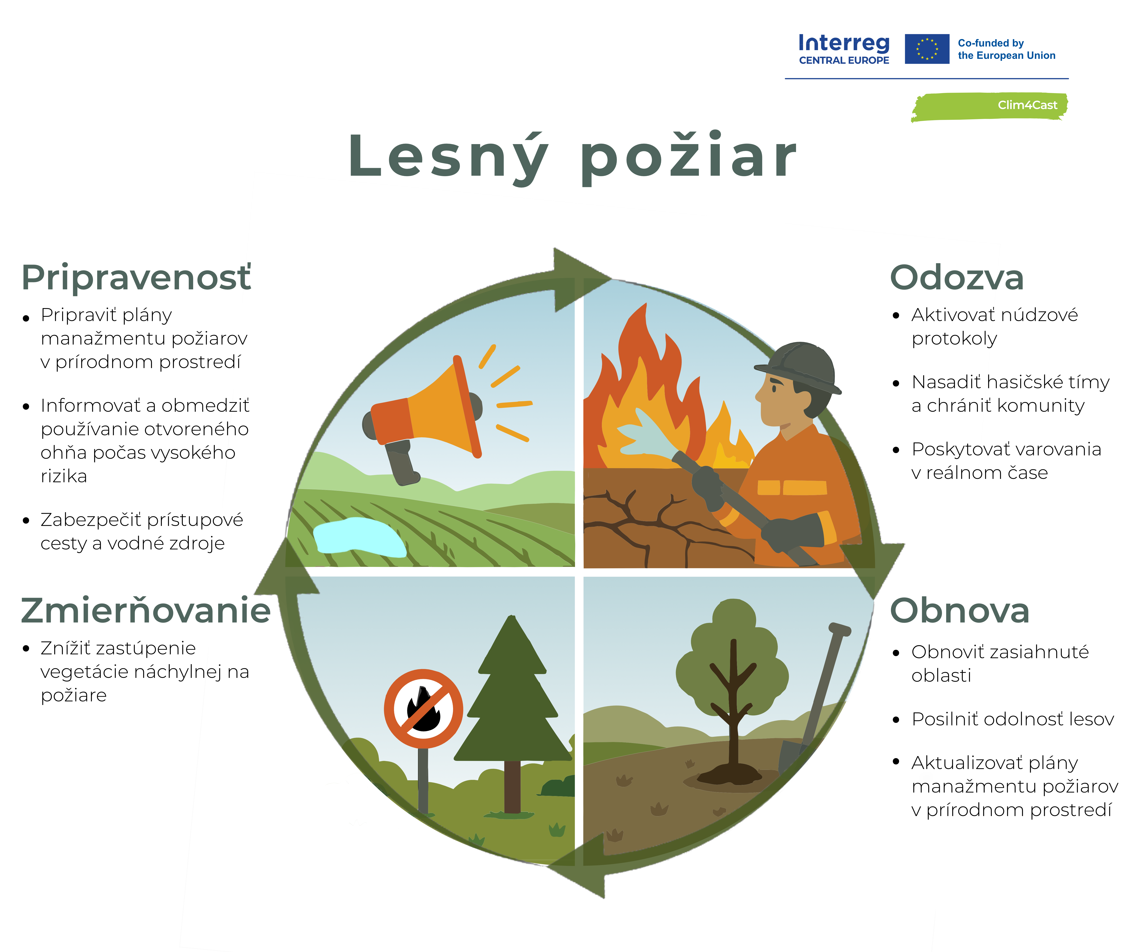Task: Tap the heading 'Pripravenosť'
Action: [136, 278]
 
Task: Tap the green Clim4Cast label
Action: [990, 106]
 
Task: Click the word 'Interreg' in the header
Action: [844, 43]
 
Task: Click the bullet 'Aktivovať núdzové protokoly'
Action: [994, 326]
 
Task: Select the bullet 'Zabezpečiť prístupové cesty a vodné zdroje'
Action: [142, 531]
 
